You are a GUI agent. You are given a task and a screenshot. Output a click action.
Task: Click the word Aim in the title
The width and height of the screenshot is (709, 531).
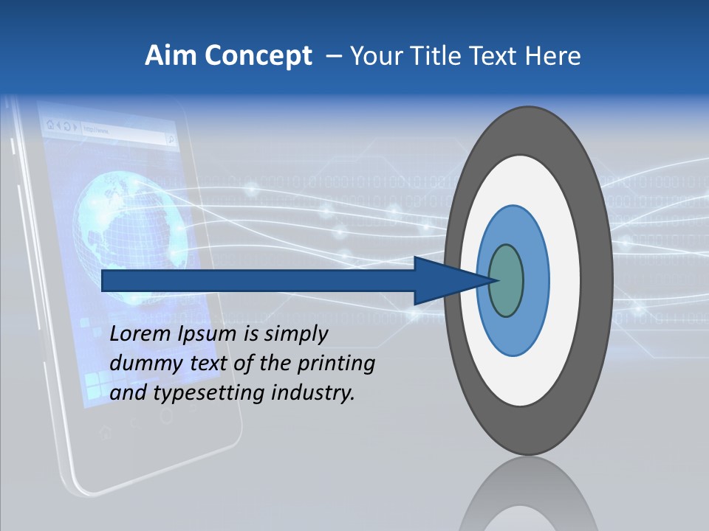tap(166, 56)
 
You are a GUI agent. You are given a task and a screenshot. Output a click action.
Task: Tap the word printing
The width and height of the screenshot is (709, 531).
tap(335, 364)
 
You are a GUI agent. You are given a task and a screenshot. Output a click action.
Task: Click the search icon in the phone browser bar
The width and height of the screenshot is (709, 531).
tap(171, 139)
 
